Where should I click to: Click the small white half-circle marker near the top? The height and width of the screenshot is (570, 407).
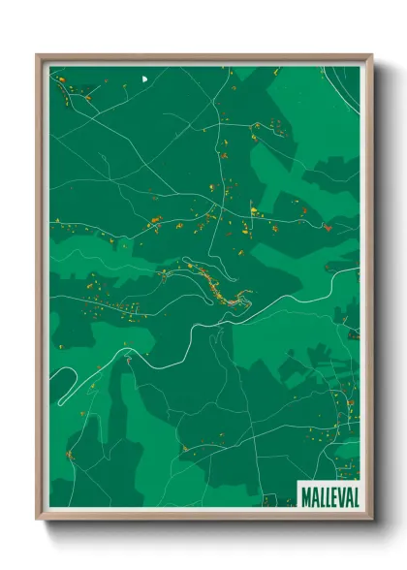pyautogui.click(x=144, y=79)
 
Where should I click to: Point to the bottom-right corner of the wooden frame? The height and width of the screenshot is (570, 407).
pyautogui.click(x=371, y=519)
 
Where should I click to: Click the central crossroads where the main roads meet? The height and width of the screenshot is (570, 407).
pyautogui.click(x=225, y=206)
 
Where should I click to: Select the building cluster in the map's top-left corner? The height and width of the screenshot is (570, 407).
pyautogui.click(x=73, y=92)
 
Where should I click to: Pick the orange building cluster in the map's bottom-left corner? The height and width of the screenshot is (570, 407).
pyautogui.click(x=70, y=454)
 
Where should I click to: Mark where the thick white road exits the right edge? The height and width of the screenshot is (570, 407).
pyautogui.click(x=358, y=269)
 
